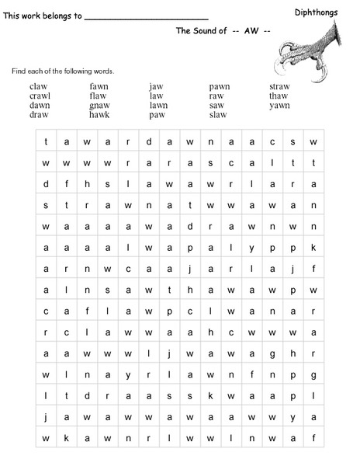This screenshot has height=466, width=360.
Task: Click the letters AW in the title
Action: click(x=250, y=31)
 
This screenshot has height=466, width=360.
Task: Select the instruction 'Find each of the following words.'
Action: click(x=62, y=71)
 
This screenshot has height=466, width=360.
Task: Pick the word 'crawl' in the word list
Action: click(x=40, y=96)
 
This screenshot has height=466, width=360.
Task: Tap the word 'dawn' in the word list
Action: click(x=39, y=105)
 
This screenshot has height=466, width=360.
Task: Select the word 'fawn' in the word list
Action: click(x=99, y=86)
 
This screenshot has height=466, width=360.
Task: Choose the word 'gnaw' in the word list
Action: click(x=99, y=105)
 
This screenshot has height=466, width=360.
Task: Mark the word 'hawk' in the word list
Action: click(x=99, y=114)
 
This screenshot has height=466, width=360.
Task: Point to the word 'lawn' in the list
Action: click(x=158, y=105)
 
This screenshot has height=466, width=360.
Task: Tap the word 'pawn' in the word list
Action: click(x=220, y=86)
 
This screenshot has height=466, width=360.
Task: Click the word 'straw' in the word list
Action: click(x=279, y=86)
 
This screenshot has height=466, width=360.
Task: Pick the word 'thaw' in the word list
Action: click(x=279, y=96)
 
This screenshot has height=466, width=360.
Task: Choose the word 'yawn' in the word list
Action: click(x=279, y=105)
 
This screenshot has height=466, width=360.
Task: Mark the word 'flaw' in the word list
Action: click(x=98, y=96)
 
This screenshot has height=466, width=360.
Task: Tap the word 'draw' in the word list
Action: click(x=39, y=114)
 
